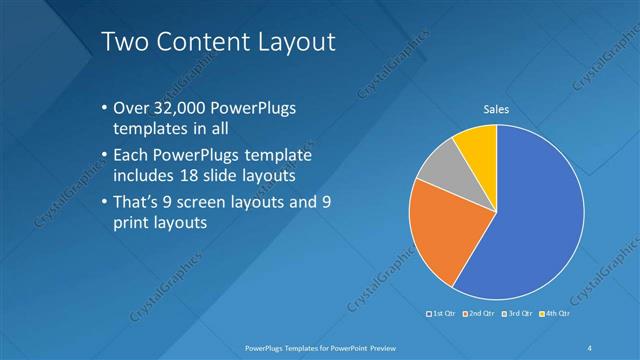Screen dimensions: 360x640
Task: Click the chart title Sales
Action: point(497,109)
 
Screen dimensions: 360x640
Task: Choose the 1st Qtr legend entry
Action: point(441,314)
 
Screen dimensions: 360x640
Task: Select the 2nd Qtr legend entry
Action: point(478,314)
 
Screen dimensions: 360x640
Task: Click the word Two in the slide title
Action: point(127,42)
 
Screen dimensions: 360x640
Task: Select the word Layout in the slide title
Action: point(299,42)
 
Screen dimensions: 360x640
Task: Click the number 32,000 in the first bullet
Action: point(182,108)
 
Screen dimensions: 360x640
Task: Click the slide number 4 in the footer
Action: point(589,347)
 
